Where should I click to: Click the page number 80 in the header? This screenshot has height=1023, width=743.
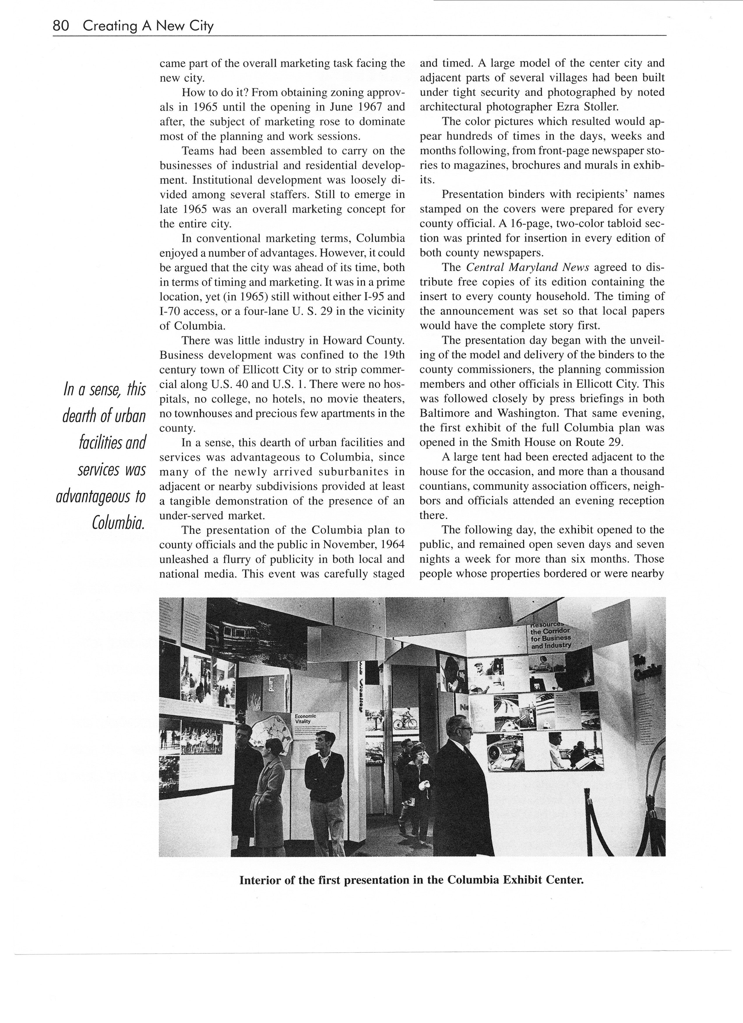click(61, 26)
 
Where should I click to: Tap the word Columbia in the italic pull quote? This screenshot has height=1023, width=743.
click(118, 522)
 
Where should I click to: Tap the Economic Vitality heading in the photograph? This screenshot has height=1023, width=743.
click(305, 718)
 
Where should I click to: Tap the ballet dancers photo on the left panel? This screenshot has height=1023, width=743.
click(201, 742)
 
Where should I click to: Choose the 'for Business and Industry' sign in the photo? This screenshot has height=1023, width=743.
click(551, 641)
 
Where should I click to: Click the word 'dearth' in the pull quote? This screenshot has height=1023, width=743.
click(79, 416)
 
